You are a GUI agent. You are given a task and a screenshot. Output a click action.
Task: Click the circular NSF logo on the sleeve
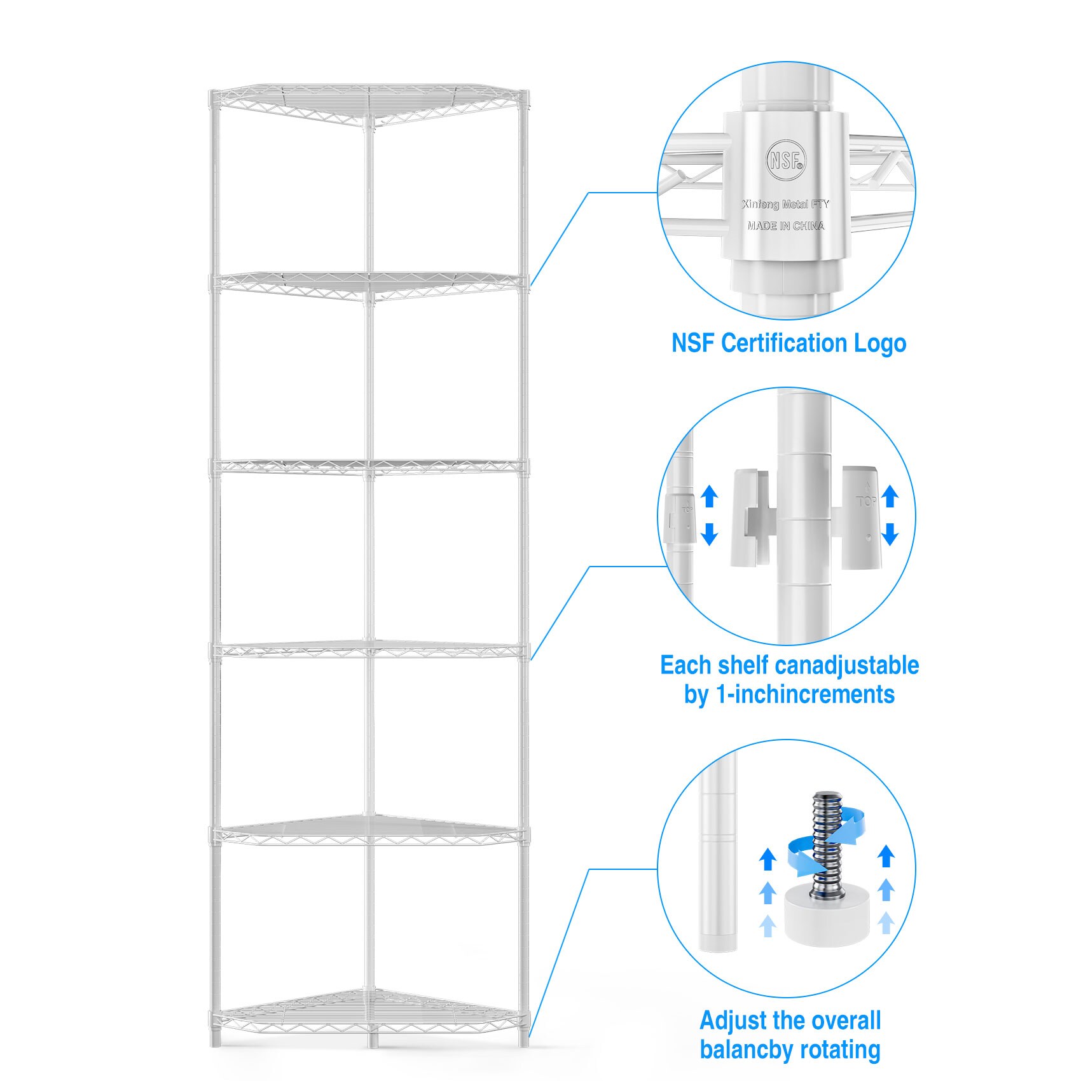[x=786, y=158]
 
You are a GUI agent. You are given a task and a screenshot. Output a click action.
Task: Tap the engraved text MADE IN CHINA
[x=786, y=226]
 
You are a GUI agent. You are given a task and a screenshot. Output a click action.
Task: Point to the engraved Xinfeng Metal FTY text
[x=786, y=204]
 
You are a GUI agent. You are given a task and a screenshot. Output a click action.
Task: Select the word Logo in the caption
[x=880, y=343]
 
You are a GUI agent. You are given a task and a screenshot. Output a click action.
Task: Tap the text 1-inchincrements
[x=805, y=694]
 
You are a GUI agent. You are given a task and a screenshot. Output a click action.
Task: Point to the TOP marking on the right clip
[x=867, y=502]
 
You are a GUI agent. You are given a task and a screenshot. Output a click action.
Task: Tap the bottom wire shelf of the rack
[x=369, y=1011]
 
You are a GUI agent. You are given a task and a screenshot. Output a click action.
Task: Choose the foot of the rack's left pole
[x=216, y=1040]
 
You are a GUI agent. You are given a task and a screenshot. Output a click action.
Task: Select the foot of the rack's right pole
[x=523, y=1040]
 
